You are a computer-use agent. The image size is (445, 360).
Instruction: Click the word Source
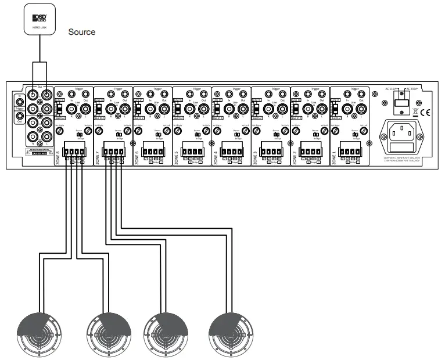coord(82,33)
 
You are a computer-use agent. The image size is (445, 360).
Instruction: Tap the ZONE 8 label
coord(58,156)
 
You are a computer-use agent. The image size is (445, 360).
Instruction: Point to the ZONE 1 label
coord(333,156)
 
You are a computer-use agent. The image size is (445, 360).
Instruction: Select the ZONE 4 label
coord(215,156)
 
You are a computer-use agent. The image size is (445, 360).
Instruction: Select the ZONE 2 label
coord(294,156)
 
